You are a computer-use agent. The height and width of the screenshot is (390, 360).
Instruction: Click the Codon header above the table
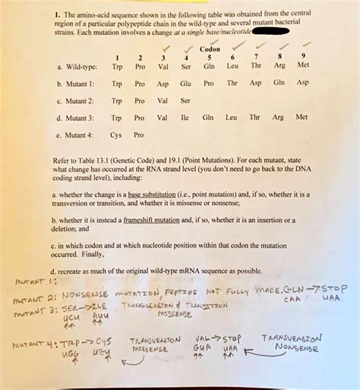[x=209, y=50]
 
